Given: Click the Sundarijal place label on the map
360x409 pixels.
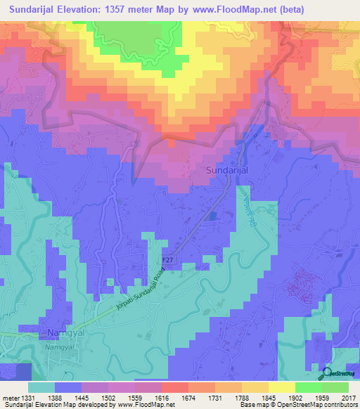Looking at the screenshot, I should [226, 170].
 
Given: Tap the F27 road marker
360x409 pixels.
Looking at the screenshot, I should [167, 260].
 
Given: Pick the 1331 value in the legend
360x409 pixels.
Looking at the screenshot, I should [24, 398].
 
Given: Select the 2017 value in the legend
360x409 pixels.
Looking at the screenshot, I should [349, 398].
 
